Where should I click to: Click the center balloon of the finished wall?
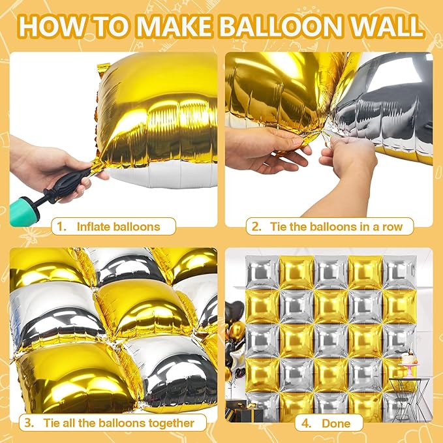click(330, 339)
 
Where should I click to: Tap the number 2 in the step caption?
click(257, 227)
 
